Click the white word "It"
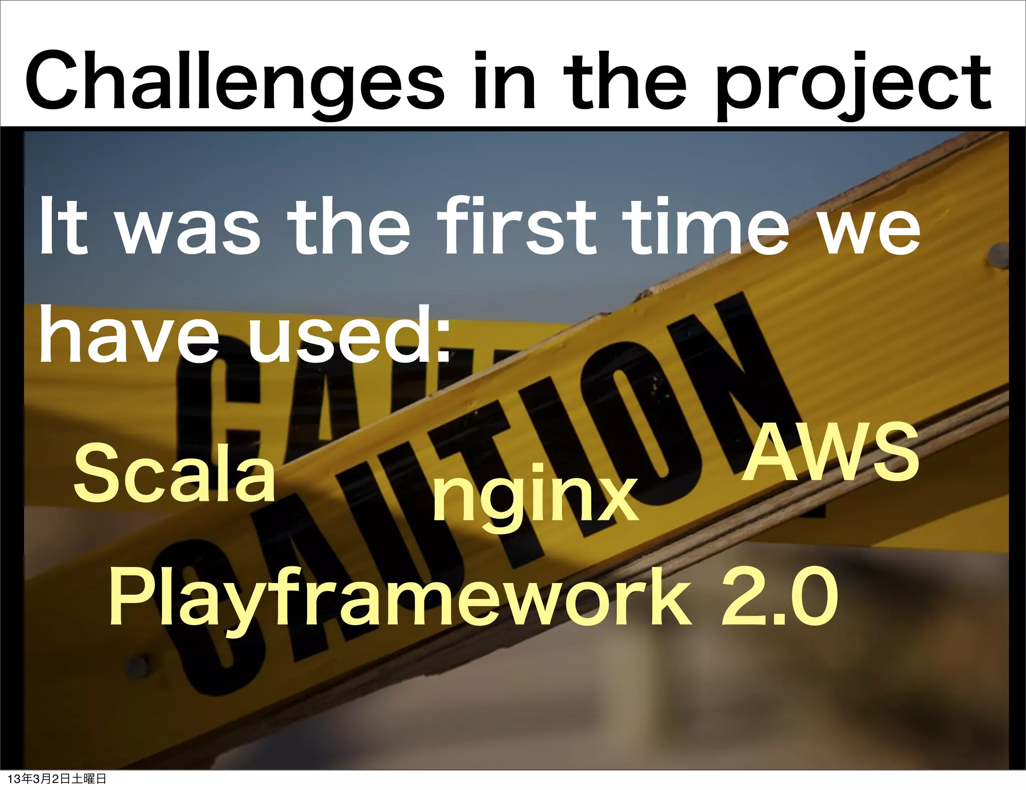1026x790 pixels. click(64, 228)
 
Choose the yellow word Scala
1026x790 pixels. click(174, 474)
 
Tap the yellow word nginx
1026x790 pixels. click(535, 496)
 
